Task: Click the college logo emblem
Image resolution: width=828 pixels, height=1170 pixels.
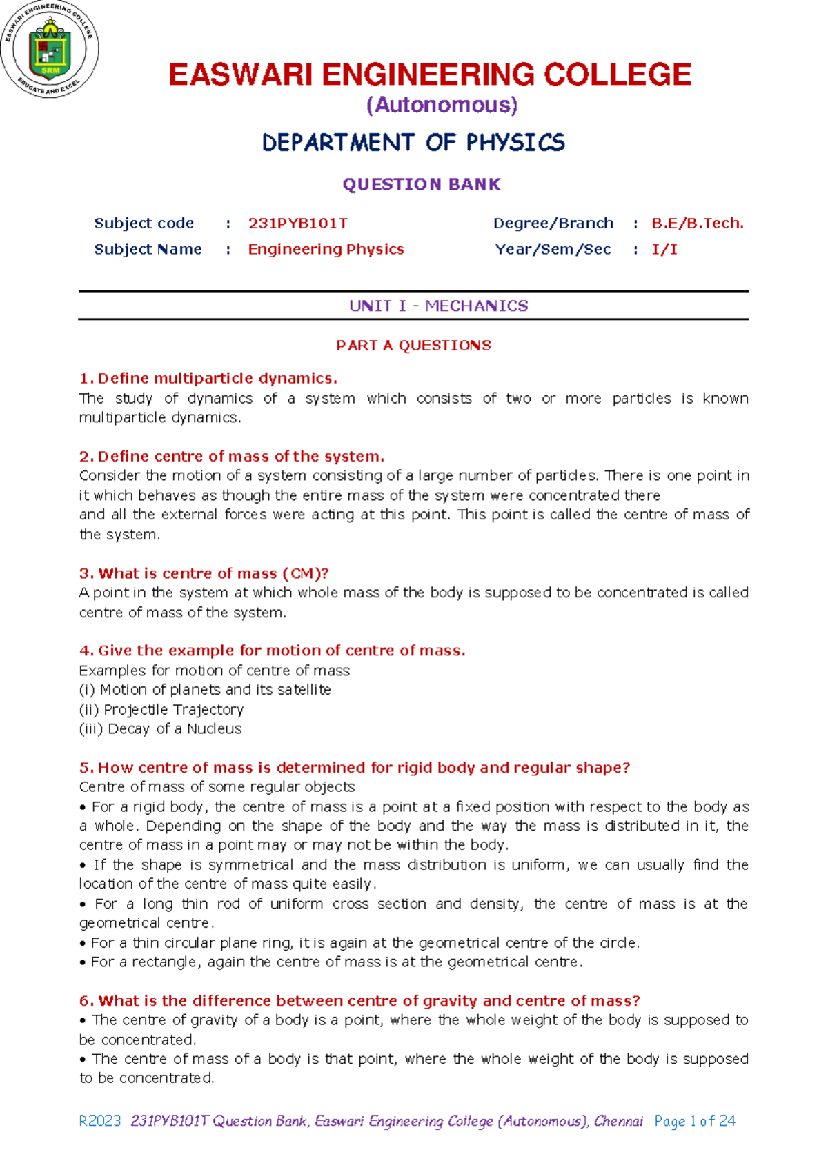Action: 50,49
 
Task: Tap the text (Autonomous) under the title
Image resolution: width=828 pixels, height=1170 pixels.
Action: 442,105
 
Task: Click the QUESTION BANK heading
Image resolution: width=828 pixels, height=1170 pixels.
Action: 422,184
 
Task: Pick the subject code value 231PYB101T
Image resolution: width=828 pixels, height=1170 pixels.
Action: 297,224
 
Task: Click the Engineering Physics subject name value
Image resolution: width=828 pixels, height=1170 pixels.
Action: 326,249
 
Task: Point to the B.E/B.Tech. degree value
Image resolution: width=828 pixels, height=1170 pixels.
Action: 697,224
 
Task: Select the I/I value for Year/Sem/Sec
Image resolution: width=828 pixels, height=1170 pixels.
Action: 664,249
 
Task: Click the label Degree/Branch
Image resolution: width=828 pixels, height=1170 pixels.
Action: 553,224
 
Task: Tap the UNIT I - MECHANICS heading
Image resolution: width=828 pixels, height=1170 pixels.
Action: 438,306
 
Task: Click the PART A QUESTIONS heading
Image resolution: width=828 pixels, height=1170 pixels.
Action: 413,346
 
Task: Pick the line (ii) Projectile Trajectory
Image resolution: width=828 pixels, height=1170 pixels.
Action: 161,709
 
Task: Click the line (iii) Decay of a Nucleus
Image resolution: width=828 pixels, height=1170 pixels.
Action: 160,728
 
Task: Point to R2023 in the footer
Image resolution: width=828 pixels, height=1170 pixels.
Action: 100,1121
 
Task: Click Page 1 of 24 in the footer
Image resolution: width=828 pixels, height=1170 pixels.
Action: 695,1121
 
